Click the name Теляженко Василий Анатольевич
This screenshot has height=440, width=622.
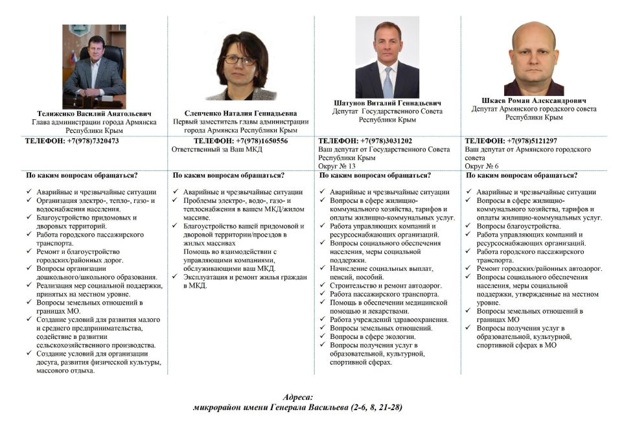coord(94,112)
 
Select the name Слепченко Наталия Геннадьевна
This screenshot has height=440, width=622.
coord(240,112)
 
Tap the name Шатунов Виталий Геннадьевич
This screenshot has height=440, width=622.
coord(387,103)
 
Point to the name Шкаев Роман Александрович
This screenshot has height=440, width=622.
coord(534,100)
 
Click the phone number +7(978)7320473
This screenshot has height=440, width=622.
coord(93,141)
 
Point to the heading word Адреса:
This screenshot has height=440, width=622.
coord(298,397)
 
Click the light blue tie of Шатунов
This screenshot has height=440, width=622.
coord(388,81)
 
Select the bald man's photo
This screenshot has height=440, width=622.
coord(534,58)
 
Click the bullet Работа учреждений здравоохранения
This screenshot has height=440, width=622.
coord(389,319)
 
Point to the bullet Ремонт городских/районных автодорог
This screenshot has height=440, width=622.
coord(539,268)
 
